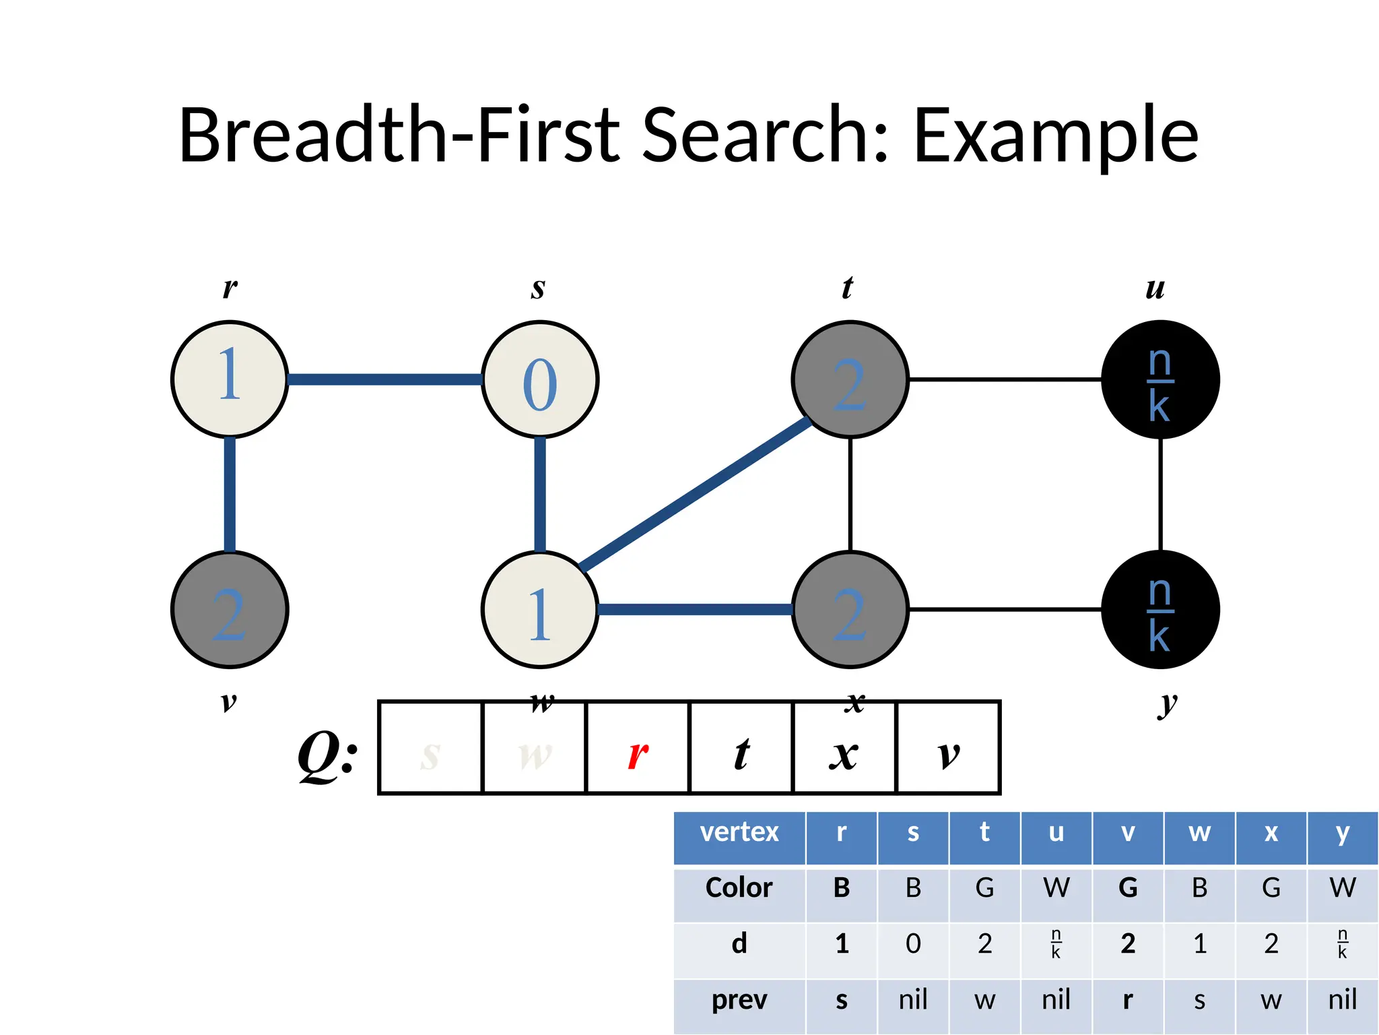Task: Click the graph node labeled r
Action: [230, 379]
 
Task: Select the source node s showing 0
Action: [540, 379]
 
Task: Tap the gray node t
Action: [850, 379]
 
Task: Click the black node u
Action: [1160, 379]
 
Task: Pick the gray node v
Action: [230, 609]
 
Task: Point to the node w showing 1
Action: [540, 609]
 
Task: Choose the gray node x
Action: [850, 609]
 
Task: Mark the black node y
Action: [1160, 609]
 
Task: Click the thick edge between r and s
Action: [384, 379]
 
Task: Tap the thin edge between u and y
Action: [1160, 494]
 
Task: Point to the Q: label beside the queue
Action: [328, 755]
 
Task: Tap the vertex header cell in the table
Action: [739, 833]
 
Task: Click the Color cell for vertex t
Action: [984, 888]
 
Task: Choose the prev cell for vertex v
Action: [1128, 999]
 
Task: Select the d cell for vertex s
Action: [913, 943]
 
